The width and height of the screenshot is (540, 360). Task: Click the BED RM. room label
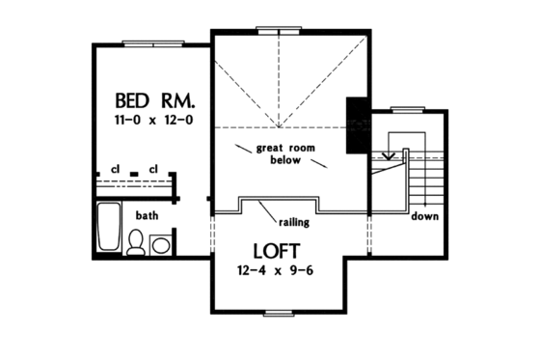(156, 99)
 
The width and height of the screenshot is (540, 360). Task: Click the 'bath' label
(148, 215)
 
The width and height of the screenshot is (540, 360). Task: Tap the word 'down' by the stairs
(424, 216)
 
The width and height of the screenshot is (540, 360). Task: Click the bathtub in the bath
(109, 231)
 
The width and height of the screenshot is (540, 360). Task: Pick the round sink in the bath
(160, 245)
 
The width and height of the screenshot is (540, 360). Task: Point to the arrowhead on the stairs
(389, 154)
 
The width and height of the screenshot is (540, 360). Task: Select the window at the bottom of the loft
(278, 312)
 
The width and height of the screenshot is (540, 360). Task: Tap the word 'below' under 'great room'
(287, 161)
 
